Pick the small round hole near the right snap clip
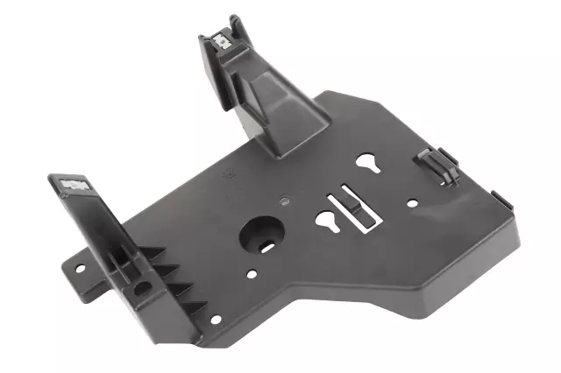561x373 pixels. coord(411,202)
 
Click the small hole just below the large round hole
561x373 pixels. coord(253,274)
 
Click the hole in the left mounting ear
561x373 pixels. coord(80,267)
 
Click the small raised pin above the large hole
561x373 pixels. coord(286,199)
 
